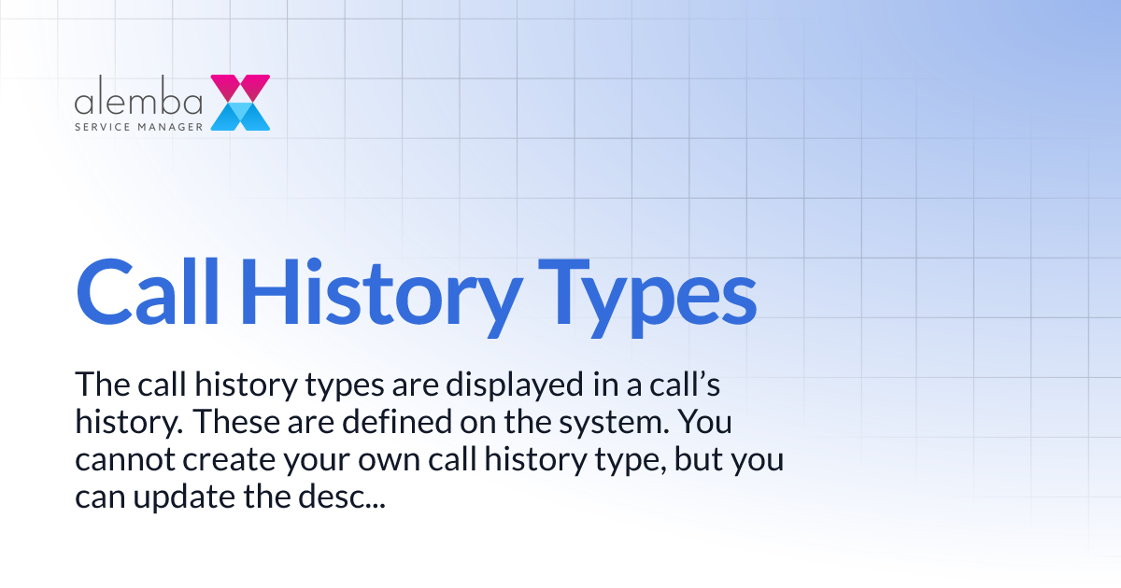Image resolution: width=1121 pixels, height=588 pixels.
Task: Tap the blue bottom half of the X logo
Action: (241, 117)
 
